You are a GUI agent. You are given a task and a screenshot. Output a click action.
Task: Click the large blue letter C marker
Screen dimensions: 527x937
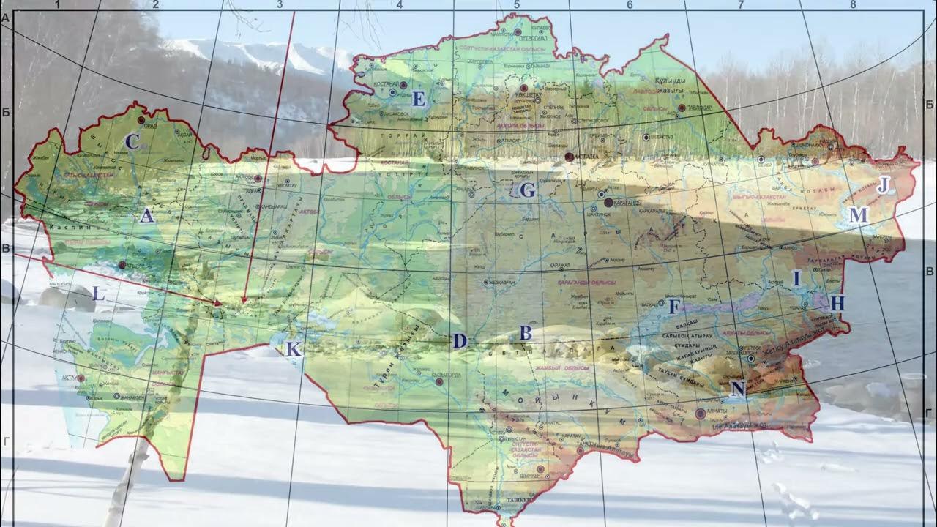coord(132,141)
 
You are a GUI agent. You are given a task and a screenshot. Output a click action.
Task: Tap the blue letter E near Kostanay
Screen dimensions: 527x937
coord(418,99)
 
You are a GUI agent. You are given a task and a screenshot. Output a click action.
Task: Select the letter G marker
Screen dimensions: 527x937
coord(527,191)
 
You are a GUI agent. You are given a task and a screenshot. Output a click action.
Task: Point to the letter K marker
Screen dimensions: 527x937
coord(293,349)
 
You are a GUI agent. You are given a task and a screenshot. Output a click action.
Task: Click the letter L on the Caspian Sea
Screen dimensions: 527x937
coord(100,295)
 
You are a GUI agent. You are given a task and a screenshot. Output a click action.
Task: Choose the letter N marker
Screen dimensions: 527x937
coord(738,389)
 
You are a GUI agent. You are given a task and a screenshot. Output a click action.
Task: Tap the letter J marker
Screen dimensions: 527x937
coord(883,185)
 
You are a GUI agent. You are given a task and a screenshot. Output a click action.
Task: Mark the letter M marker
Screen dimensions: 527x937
coord(858,215)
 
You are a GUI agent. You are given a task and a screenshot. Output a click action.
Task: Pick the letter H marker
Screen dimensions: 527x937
coord(838,302)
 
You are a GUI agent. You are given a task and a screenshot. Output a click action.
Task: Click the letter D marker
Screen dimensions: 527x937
coord(459,340)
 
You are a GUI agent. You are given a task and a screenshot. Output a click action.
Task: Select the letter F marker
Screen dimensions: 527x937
coord(674,307)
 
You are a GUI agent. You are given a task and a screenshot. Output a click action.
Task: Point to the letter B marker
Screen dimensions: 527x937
coord(525,333)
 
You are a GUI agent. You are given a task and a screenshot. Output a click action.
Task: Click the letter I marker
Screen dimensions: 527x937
coord(797,278)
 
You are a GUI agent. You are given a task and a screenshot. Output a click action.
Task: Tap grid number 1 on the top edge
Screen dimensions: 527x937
coord(56,4)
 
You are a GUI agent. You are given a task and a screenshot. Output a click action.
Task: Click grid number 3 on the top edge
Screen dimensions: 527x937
coord(280,4)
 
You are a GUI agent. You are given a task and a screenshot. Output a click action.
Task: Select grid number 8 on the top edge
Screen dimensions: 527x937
coord(853,4)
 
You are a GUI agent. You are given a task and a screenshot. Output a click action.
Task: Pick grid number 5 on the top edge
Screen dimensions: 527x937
coord(516,4)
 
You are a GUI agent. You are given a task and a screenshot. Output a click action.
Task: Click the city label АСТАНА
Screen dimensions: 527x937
coord(585,156)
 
